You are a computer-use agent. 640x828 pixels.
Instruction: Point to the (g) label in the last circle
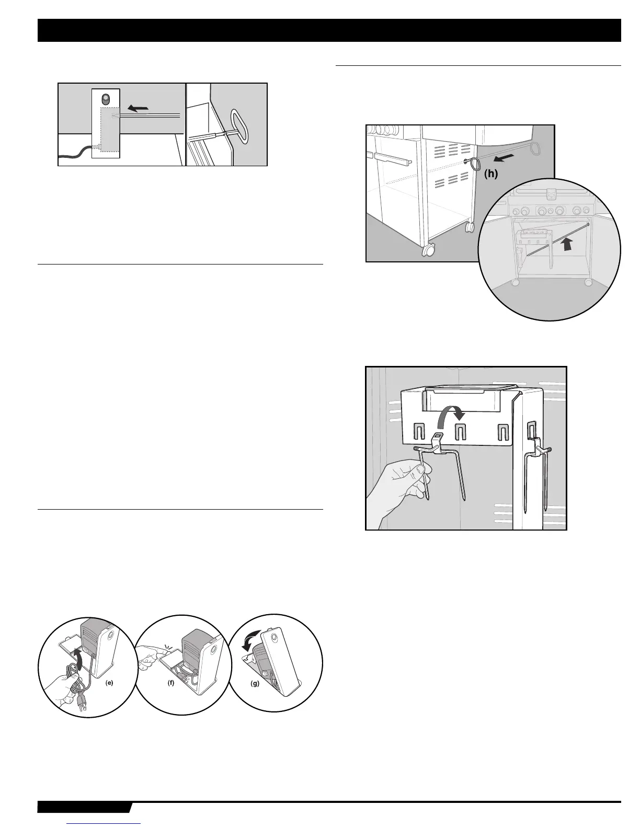point(255,683)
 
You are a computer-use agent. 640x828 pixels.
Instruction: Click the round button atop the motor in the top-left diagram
point(106,99)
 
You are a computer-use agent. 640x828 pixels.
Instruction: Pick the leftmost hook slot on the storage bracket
point(419,432)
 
